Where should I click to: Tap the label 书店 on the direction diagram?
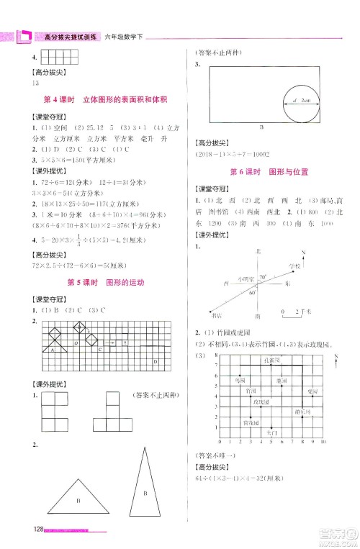[x=217, y=314]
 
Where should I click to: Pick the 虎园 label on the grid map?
[x=312, y=391]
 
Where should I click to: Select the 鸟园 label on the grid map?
[x=241, y=379]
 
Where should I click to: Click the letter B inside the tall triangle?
[x=144, y=494]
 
